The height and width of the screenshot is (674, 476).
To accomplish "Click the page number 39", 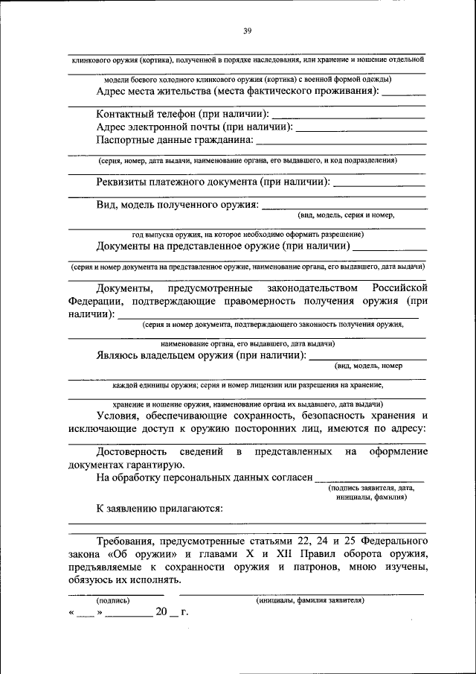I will tap(248, 31).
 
